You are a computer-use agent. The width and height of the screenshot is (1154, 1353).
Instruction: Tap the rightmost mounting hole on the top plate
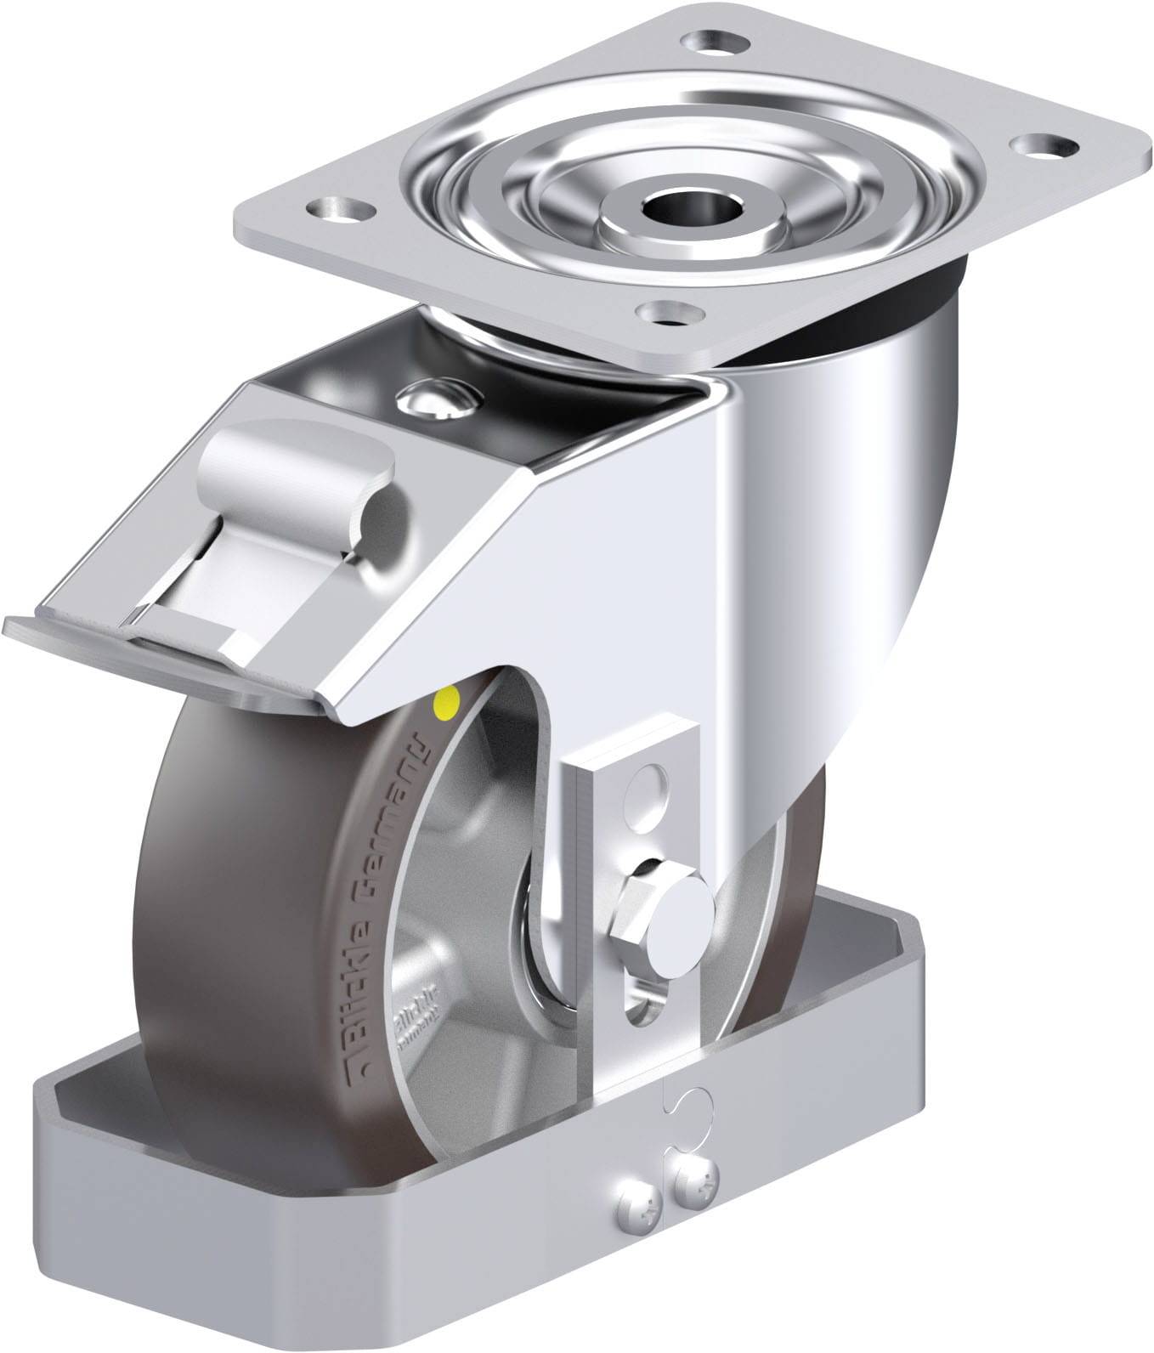tap(1038, 145)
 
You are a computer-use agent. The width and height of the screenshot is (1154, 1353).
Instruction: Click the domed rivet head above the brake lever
tap(438, 399)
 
